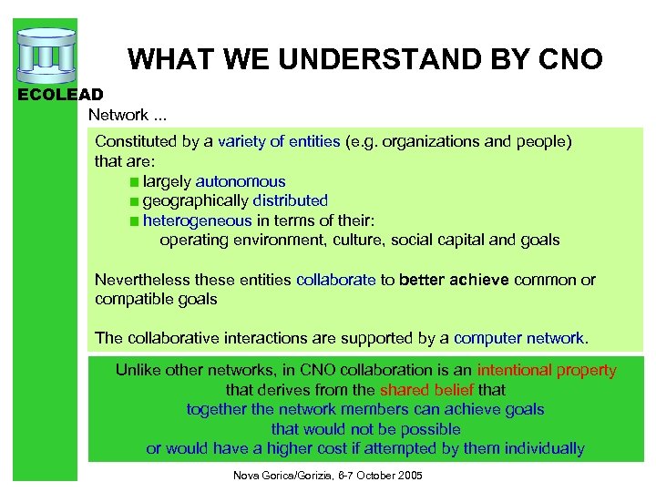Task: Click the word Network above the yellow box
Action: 118,115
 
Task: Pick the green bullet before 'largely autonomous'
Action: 134,182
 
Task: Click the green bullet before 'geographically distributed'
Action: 134,201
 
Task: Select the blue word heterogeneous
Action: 197,220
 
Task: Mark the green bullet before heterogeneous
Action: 134,221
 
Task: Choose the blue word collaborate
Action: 335,280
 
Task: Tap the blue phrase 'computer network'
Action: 520,338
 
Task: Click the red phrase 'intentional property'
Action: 546,371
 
